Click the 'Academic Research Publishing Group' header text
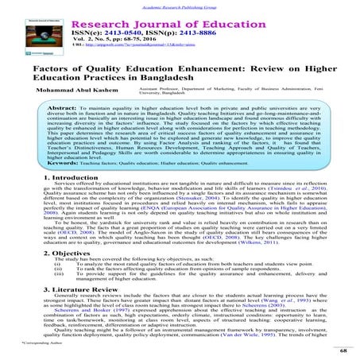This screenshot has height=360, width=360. point(180,3)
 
